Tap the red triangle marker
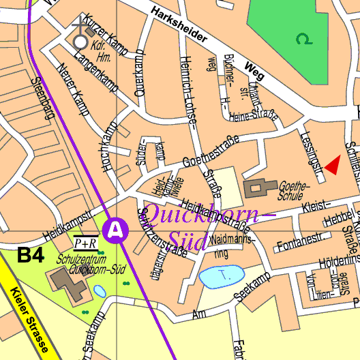pyautogui.click(x=333, y=165)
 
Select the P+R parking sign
pyautogui.click(x=86, y=243)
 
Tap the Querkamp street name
pyautogui.click(x=141, y=72)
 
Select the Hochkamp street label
pyautogui.click(x=110, y=139)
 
